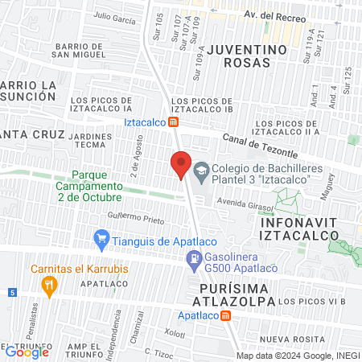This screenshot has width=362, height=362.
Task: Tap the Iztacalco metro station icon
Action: tap(173, 122)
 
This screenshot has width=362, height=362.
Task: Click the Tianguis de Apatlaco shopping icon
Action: tap(101, 239)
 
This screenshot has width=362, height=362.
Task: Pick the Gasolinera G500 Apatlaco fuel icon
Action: tap(193, 259)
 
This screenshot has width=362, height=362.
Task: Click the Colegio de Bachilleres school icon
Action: tap(200, 170)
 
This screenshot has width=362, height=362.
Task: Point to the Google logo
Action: tap(27, 352)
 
